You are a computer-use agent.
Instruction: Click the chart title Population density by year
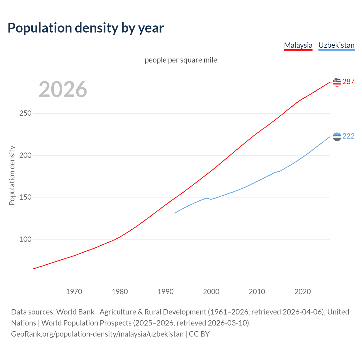click(x=86, y=28)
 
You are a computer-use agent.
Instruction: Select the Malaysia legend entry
click(x=298, y=45)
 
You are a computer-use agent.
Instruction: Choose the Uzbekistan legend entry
click(x=336, y=45)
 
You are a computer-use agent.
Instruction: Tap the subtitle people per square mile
click(x=181, y=60)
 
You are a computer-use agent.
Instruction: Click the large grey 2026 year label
click(x=63, y=89)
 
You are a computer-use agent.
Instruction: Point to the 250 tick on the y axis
click(x=25, y=113)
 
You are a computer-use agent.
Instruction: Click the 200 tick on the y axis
click(x=25, y=155)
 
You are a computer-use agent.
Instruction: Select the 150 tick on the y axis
click(x=25, y=197)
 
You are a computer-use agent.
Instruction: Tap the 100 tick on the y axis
click(x=25, y=239)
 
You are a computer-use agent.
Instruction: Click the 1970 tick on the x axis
click(x=74, y=292)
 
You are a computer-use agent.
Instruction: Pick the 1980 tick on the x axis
click(x=120, y=292)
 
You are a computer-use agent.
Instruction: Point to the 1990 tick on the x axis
click(x=165, y=292)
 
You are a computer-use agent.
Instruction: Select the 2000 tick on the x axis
click(x=211, y=292)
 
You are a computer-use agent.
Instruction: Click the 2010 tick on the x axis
click(x=257, y=292)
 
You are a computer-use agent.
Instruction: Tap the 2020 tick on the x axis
click(x=303, y=292)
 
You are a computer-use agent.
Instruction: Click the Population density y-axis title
click(x=12, y=175)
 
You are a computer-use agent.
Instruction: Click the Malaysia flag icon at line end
click(x=337, y=82)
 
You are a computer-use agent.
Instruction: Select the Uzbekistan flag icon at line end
click(x=337, y=137)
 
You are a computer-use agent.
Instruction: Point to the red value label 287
click(x=348, y=82)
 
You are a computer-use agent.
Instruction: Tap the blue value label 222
click(x=348, y=136)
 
